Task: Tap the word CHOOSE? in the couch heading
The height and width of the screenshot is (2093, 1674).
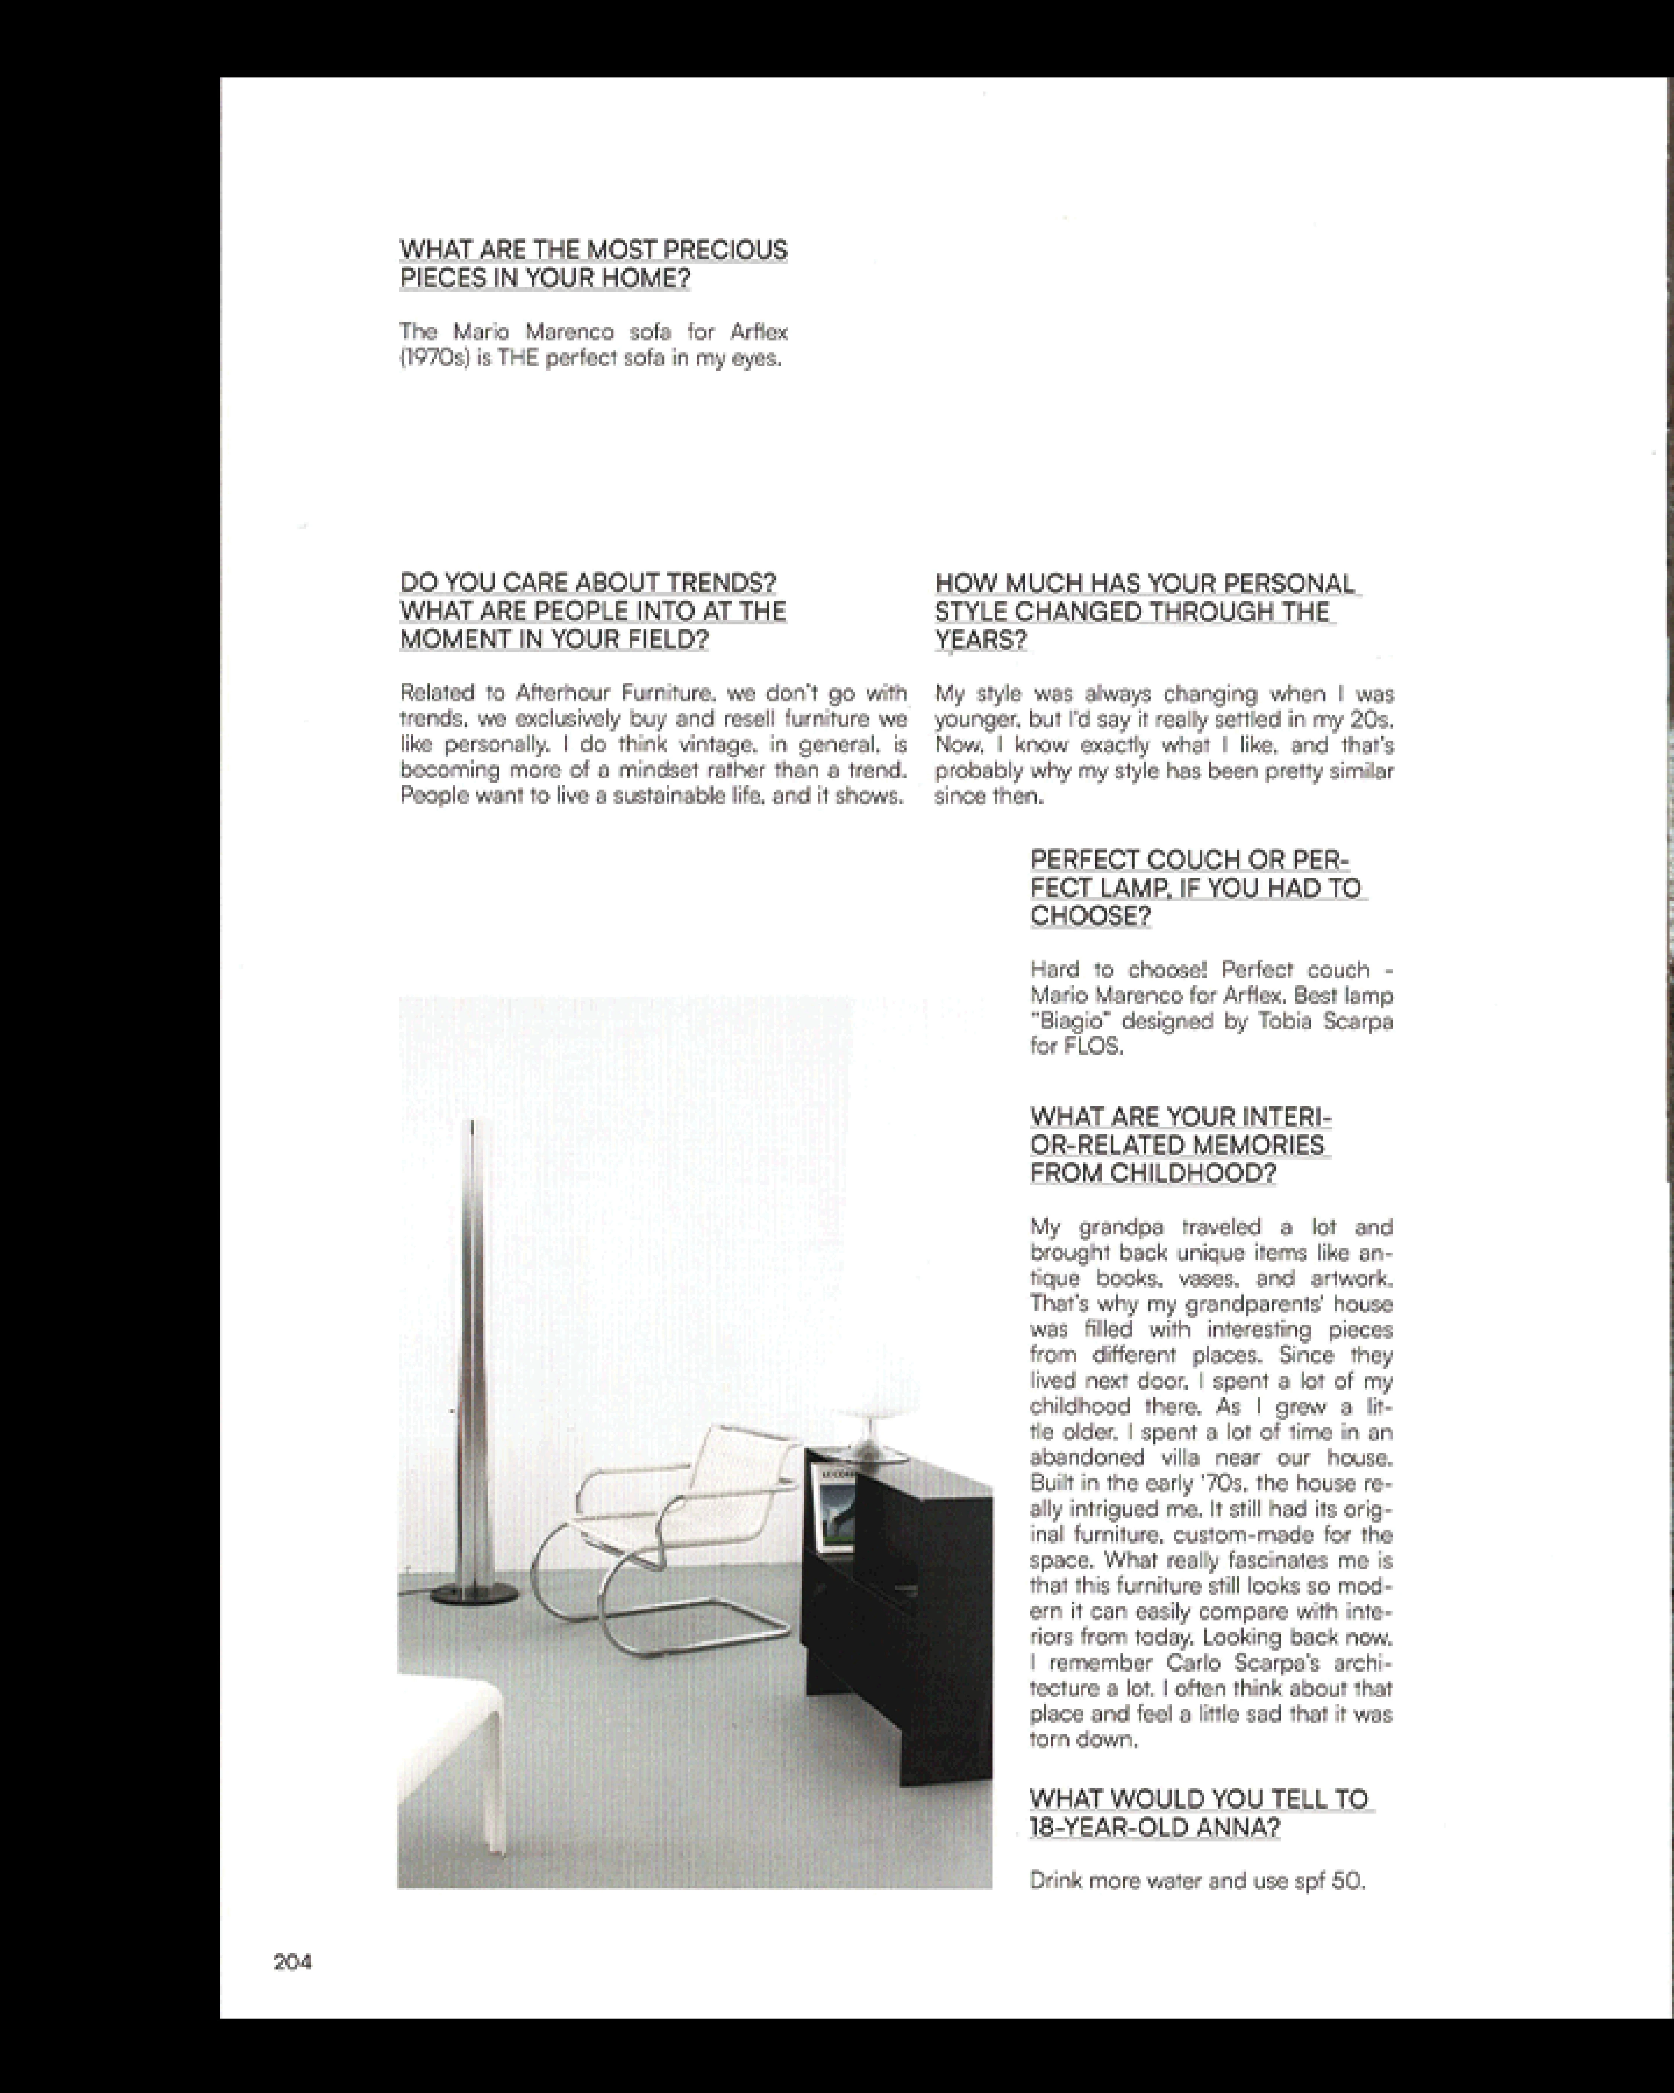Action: (x=1090, y=916)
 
